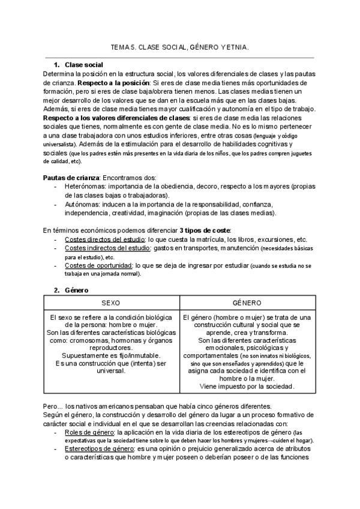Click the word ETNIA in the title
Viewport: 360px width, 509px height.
(236, 46)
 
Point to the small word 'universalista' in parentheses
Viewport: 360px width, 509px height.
(62, 145)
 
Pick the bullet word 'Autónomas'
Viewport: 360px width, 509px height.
(79, 204)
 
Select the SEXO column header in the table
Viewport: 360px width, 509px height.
(111, 304)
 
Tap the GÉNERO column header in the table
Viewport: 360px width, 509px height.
(247, 304)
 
